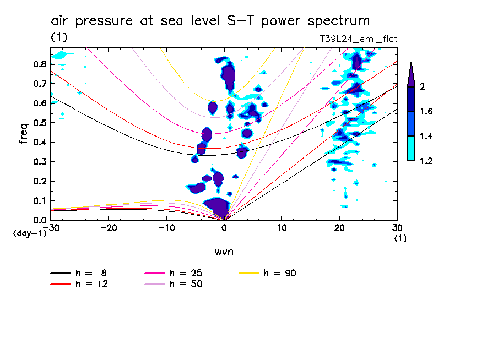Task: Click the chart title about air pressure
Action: [x=210, y=21]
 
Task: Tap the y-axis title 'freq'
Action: [x=24, y=133]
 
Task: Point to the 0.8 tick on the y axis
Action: [x=39, y=64]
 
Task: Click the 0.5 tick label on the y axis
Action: [x=39, y=123]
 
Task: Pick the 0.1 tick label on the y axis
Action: [x=39, y=201]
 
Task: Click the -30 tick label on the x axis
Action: [x=50, y=227]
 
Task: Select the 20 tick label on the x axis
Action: [x=339, y=227]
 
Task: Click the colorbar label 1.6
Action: [x=427, y=112]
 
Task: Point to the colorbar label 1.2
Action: [x=427, y=161]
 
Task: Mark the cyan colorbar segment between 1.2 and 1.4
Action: [x=411, y=149]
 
